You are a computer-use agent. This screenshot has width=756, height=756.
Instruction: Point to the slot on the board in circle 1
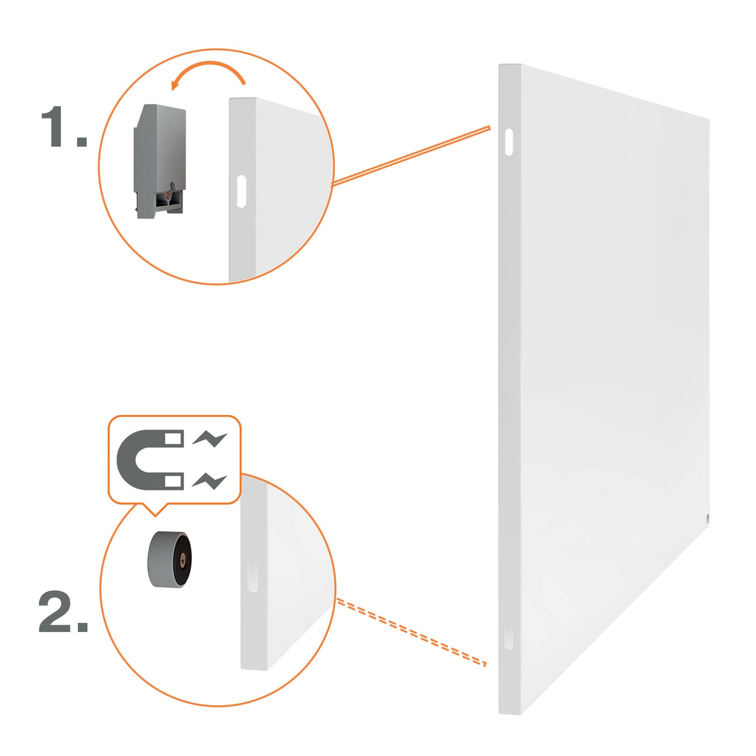coord(242,191)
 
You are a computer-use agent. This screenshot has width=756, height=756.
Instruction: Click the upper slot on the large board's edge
coord(509,142)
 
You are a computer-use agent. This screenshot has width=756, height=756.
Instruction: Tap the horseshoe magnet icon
coord(151,459)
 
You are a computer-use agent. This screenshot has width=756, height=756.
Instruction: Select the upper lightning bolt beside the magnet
coord(209,439)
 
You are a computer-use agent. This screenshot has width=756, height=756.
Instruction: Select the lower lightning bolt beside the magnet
coord(209,481)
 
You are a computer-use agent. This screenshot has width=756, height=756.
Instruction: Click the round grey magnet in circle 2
coord(169,560)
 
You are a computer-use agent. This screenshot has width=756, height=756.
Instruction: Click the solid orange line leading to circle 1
coord(411,156)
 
